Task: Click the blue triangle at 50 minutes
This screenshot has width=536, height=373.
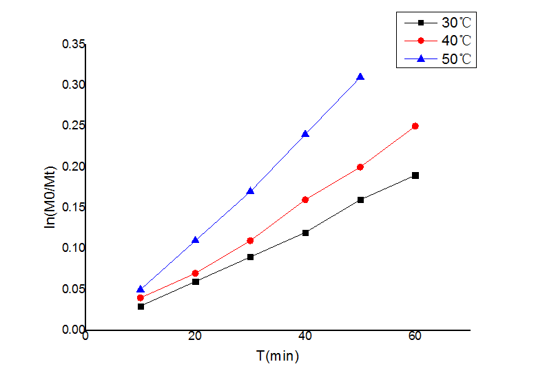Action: click(360, 77)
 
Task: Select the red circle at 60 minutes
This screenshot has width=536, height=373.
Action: click(415, 126)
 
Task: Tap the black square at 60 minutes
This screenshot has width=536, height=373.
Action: click(415, 175)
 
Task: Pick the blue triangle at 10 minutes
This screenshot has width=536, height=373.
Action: click(141, 290)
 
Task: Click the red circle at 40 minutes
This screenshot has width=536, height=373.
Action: click(305, 200)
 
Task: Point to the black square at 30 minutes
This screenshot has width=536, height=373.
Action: click(250, 257)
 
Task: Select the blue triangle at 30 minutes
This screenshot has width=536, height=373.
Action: click(250, 191)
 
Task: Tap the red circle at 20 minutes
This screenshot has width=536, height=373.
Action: click(196, 273)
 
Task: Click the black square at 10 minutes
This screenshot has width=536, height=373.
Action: click(141, 306)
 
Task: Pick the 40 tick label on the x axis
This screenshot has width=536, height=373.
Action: click(305, 336)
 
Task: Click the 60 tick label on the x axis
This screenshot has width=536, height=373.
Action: click(415, 336)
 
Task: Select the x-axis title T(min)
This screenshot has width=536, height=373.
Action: click(278, 356)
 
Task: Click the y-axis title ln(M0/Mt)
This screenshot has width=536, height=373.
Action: click(50, 187)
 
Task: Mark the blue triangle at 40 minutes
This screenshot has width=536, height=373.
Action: click(305, 134)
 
